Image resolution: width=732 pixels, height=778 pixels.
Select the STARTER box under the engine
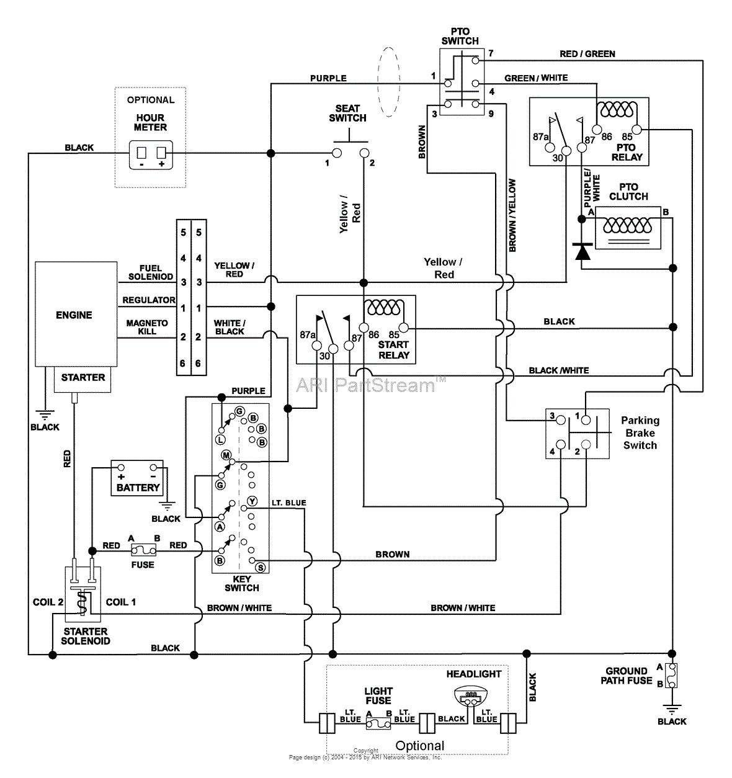(x=83, y=378)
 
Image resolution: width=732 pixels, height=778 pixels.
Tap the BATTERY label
(x=138, y=488)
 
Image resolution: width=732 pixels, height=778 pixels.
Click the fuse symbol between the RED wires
(x=143, y=550)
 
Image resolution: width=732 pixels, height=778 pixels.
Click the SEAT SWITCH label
(x=347, y=113)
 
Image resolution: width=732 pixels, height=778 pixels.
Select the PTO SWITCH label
(x=460, y=36)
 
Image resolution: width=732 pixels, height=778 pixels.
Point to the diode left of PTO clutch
(x=582, y=251)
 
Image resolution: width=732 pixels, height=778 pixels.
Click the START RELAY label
(x=394, y=350)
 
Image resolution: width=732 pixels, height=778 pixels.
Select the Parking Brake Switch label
(x=640, y=433)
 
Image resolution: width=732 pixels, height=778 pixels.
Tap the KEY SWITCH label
(x=242, y=583)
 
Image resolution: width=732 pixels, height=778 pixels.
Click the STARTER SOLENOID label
(x=86, y=636)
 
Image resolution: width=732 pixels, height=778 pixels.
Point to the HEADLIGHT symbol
(x=471, y=696)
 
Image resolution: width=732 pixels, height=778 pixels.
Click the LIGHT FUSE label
(x=378, y=695)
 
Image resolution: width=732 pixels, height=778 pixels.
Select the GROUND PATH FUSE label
(x=626, y=676)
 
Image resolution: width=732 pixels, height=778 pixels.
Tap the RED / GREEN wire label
(x=587, y=54)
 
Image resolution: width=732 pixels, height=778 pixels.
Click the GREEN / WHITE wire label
(x=536, y=78)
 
